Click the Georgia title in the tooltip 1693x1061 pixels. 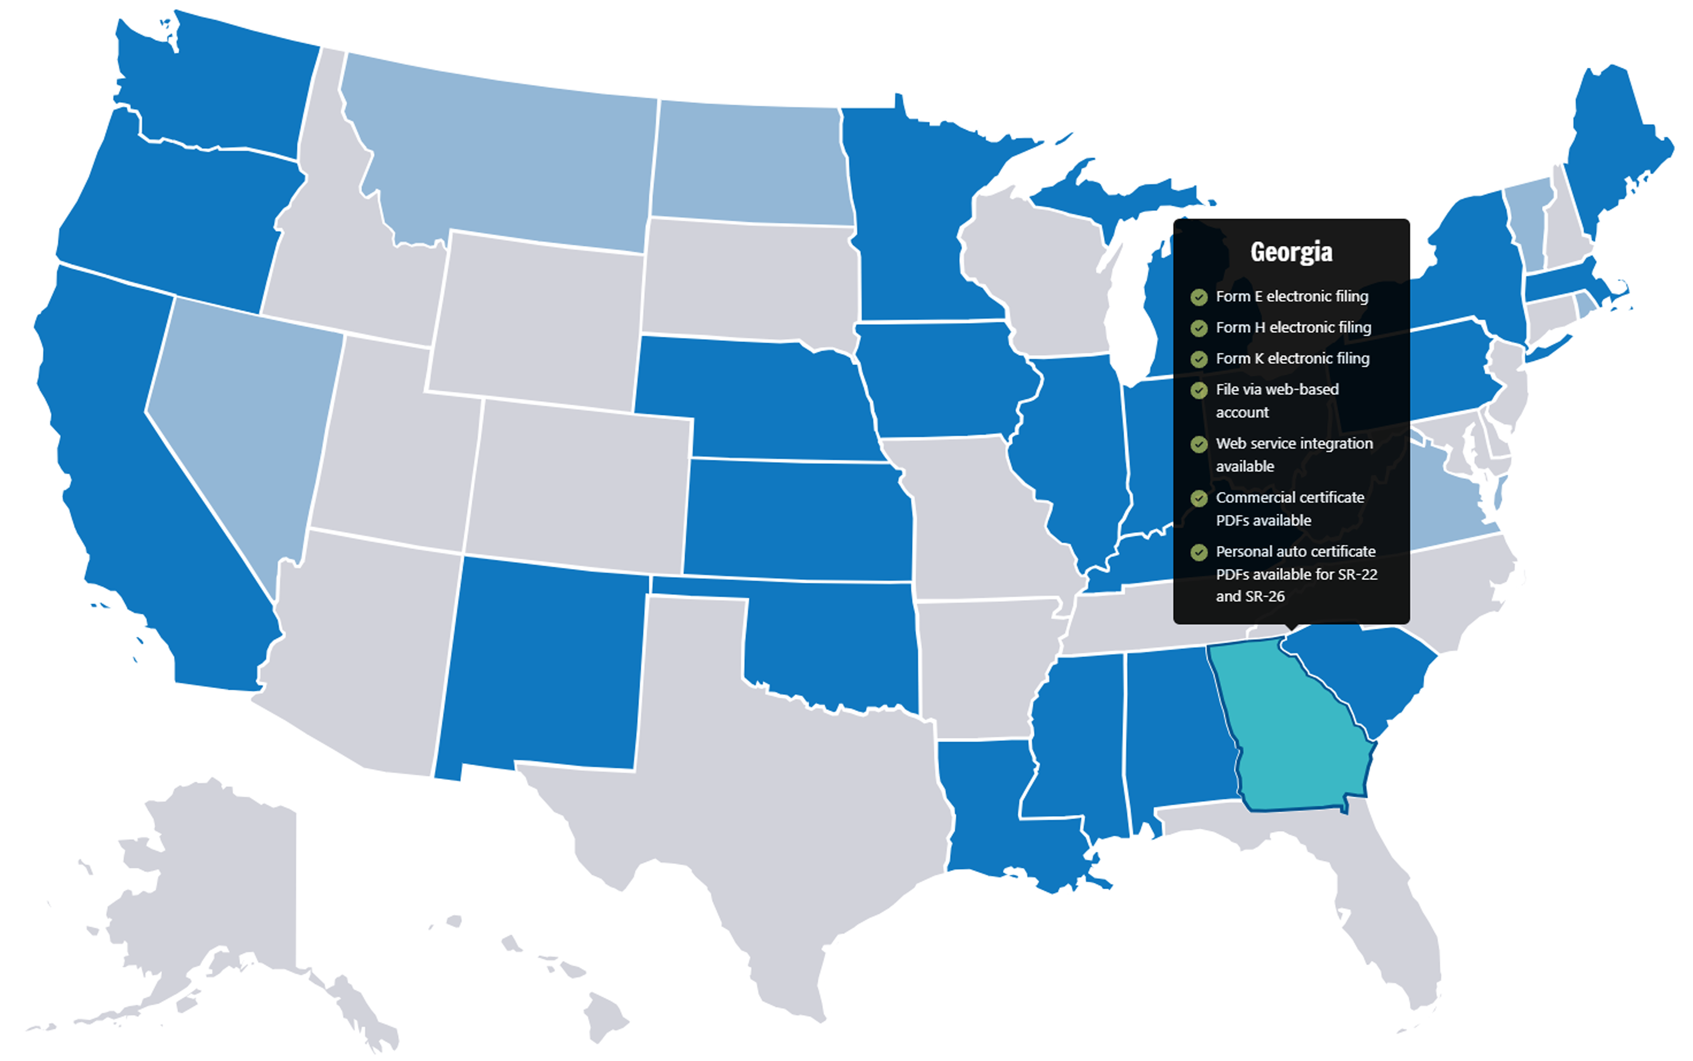[1291, 252]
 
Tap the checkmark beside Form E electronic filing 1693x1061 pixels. [1198, 297]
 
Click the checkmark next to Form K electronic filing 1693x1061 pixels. [1198, 359]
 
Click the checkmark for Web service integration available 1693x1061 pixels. [1198, 444]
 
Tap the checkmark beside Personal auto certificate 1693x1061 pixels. [1198, 552]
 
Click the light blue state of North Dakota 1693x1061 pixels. [751, 165]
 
